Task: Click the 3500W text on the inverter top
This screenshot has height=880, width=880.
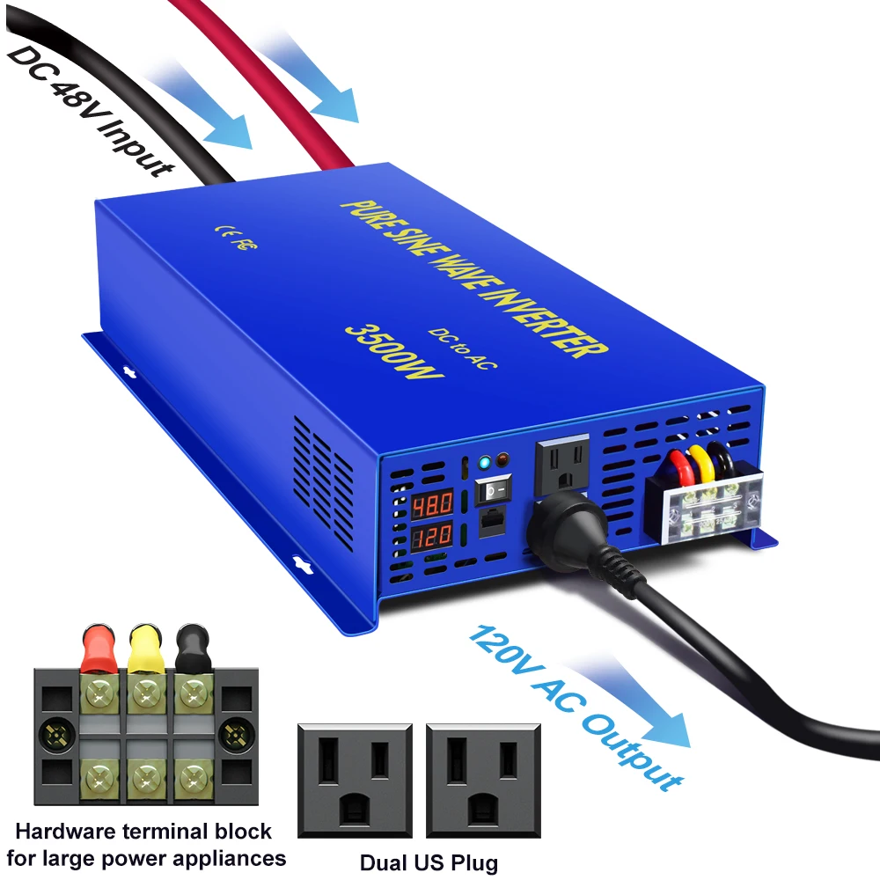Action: click(394, 352)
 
